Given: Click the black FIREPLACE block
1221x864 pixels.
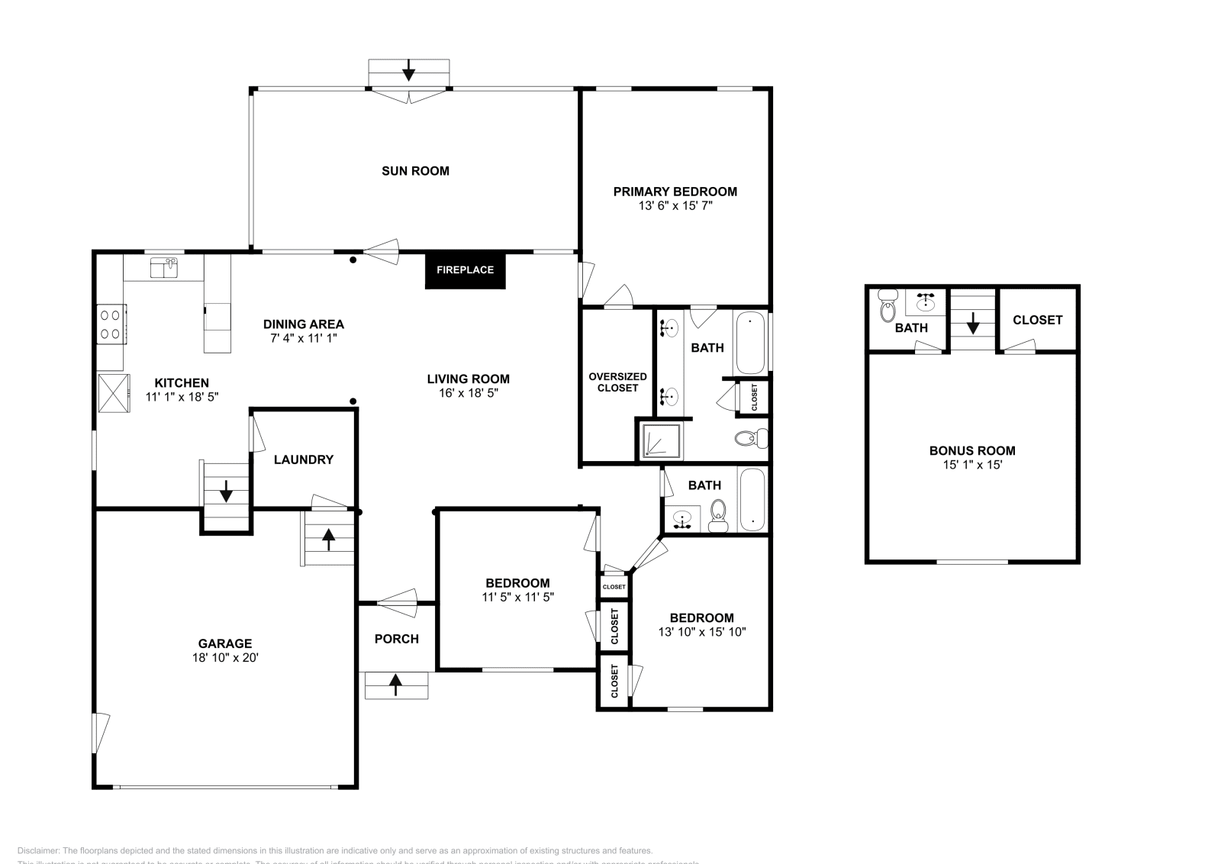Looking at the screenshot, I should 465,269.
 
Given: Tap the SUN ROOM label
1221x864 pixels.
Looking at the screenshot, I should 415,171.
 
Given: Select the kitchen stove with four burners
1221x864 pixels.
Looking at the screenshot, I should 111,324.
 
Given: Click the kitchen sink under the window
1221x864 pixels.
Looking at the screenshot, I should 164,268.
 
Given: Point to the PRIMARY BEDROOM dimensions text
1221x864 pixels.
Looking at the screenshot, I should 675,206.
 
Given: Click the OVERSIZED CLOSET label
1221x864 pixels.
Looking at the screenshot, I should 617,382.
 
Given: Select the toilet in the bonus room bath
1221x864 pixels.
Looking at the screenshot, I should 887,307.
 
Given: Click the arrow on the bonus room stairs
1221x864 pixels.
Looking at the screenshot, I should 973,324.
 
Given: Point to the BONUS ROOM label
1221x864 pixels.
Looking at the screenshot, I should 971,450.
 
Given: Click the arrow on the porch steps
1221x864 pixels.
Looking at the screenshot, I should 395,685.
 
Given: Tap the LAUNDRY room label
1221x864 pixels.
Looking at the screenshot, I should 303,459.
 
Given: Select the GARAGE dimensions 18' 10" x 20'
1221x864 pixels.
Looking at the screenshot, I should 225,657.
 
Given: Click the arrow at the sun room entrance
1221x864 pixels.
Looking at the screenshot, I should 408,70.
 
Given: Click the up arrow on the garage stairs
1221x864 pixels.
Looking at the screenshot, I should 328,539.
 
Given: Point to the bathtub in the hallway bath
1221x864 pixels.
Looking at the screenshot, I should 752,500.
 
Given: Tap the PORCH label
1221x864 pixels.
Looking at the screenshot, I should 396,639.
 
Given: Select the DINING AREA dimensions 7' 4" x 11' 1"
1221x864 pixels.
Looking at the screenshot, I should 303,337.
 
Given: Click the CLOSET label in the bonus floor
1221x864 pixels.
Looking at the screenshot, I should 1037,320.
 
